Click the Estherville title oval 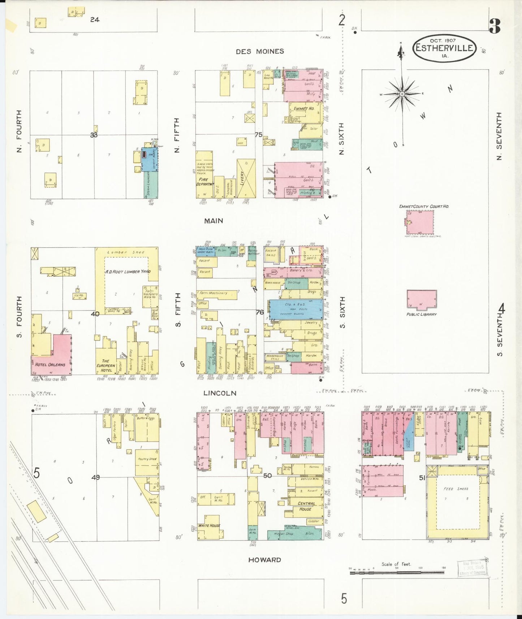click(x=444, y=48)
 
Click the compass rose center click(x=402, y=94)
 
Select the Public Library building click(x=422, y=300)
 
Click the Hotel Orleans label click(x=50, y=365)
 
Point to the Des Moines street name click(x=260, y=52)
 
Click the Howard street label click(x=264, y=560)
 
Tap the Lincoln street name click(x=220, y=393)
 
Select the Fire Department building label click(x=204, y=182)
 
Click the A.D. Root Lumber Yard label click(x=128, y=272)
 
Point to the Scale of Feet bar click(x=397, y=572)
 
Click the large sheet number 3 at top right click(x=495, y=26)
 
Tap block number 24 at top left click(x=95, y=20)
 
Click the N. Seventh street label click(x=499, y=136)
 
